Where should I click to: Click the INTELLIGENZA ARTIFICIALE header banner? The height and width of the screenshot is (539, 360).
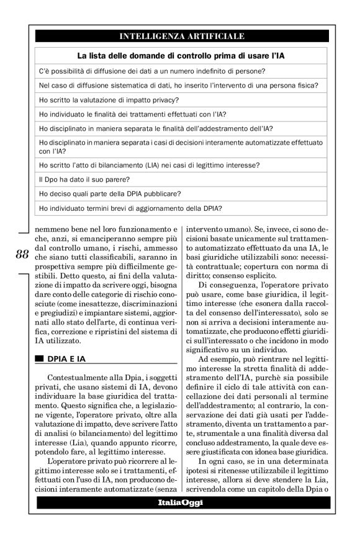(x=181, y=36)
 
